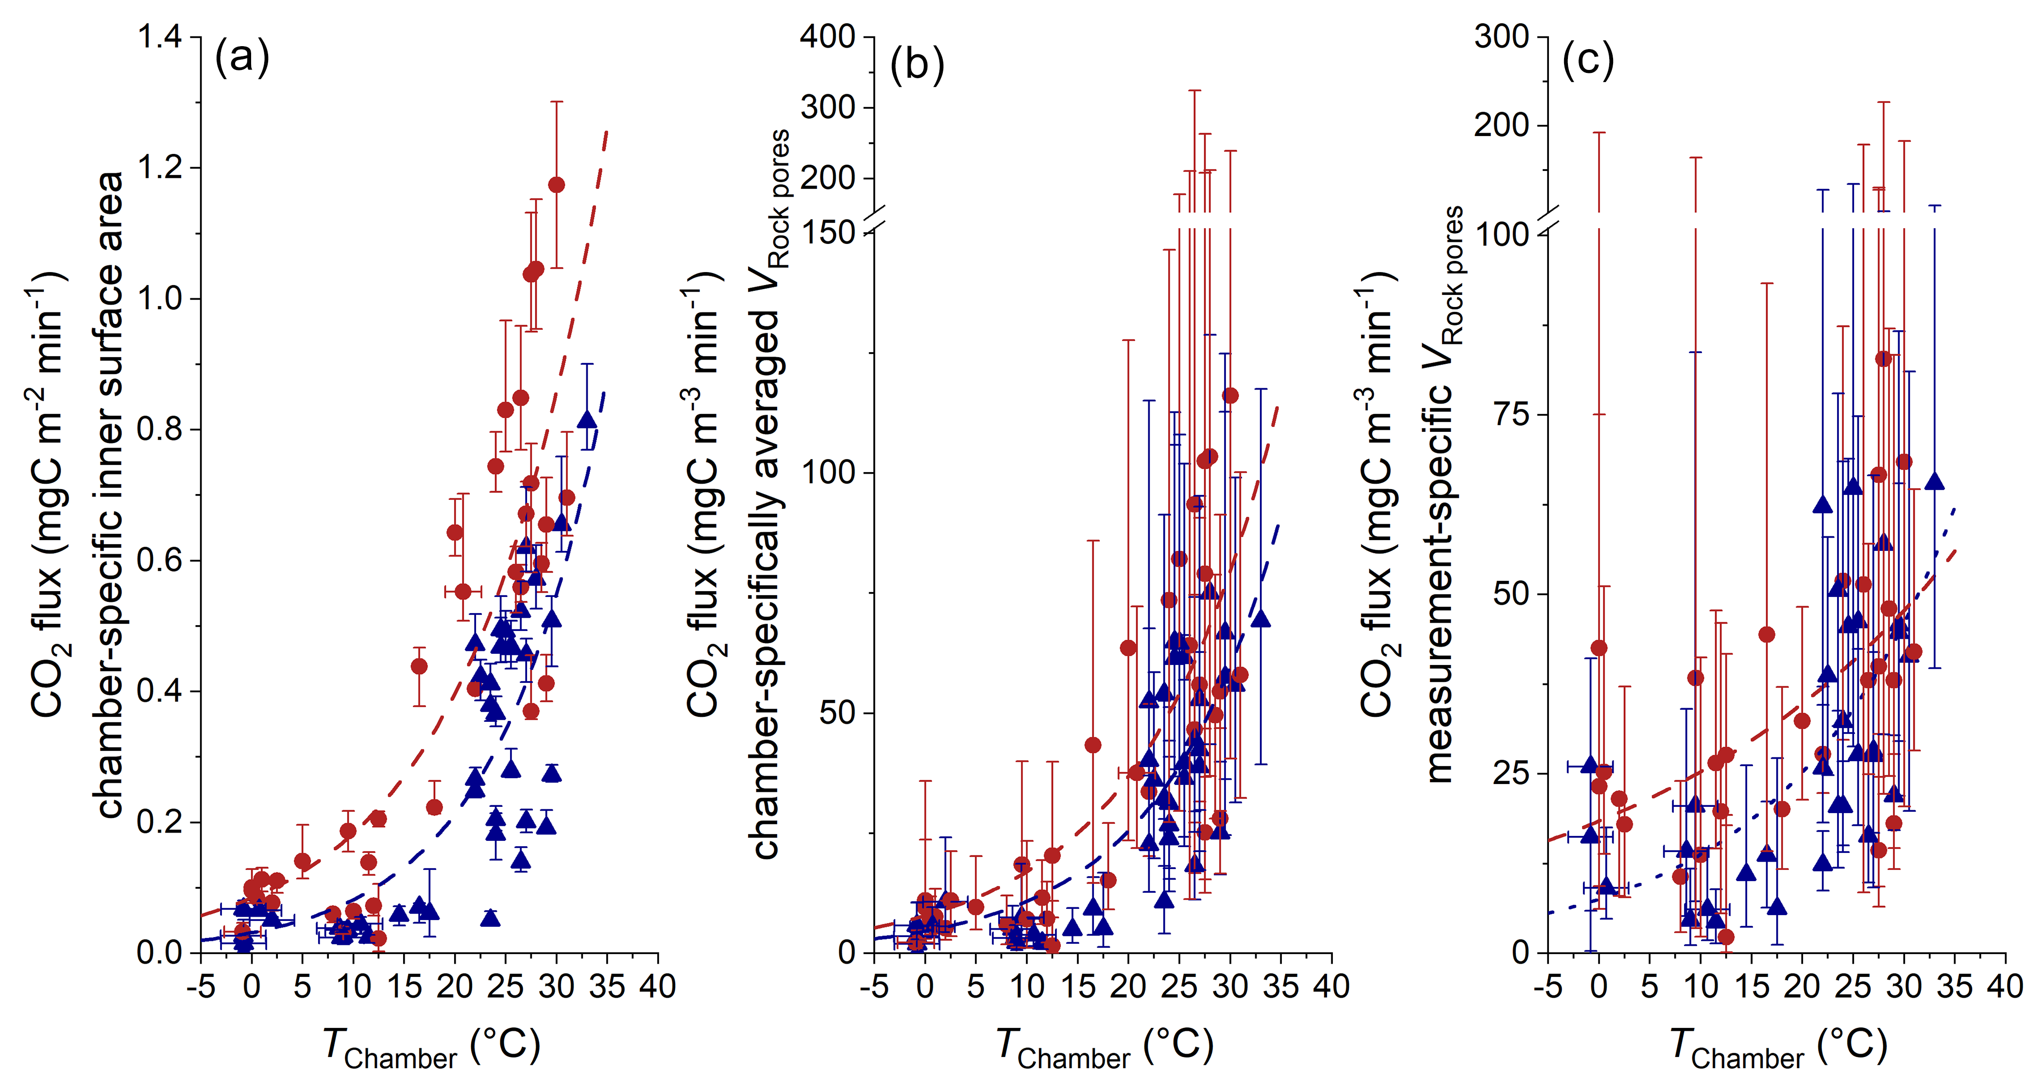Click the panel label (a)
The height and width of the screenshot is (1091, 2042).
(242, 58)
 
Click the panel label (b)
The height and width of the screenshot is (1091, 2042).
(917, 64)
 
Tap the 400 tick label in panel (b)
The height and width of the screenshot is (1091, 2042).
(827, 37)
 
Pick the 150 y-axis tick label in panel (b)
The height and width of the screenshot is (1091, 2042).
(827, 232)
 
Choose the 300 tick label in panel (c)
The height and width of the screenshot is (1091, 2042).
(1500, 37)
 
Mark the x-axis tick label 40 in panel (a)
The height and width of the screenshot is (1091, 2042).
(657, 987)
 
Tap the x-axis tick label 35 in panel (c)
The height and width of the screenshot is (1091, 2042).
(1954, 987)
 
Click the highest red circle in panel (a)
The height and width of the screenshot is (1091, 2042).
(557, 185)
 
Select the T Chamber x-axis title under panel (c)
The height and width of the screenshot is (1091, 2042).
(1778, 1047)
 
